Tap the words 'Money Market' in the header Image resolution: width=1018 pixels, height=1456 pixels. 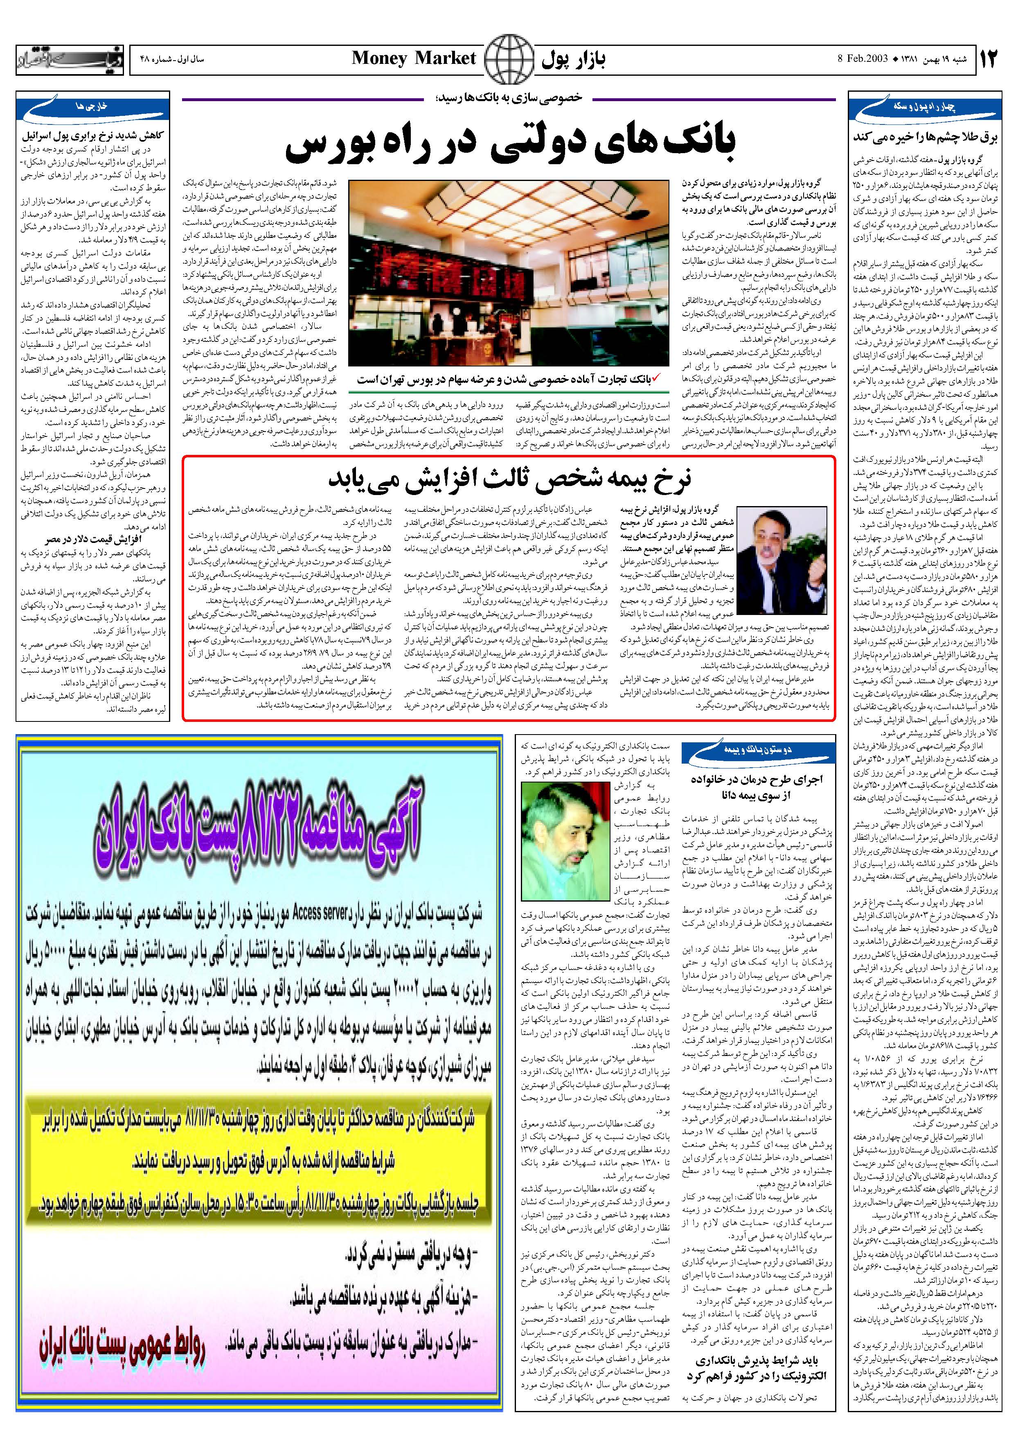pyautogui.click(x=413, y=58)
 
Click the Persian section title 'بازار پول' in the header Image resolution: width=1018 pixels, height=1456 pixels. pyautogui.click(x=574, y=59)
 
